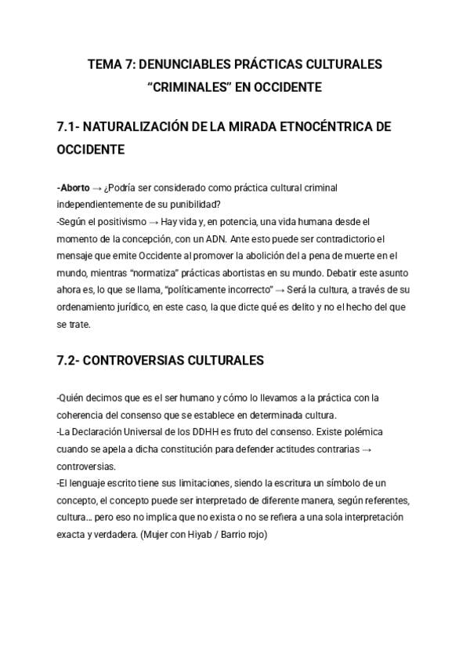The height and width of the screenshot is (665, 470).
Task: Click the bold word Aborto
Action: pyautogui.click(x=74, y=188)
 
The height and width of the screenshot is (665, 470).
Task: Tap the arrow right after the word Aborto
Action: pyautogui.click(x=97, y=188)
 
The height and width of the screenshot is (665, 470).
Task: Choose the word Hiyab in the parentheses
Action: pyautogui.click(x=193, y=534)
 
